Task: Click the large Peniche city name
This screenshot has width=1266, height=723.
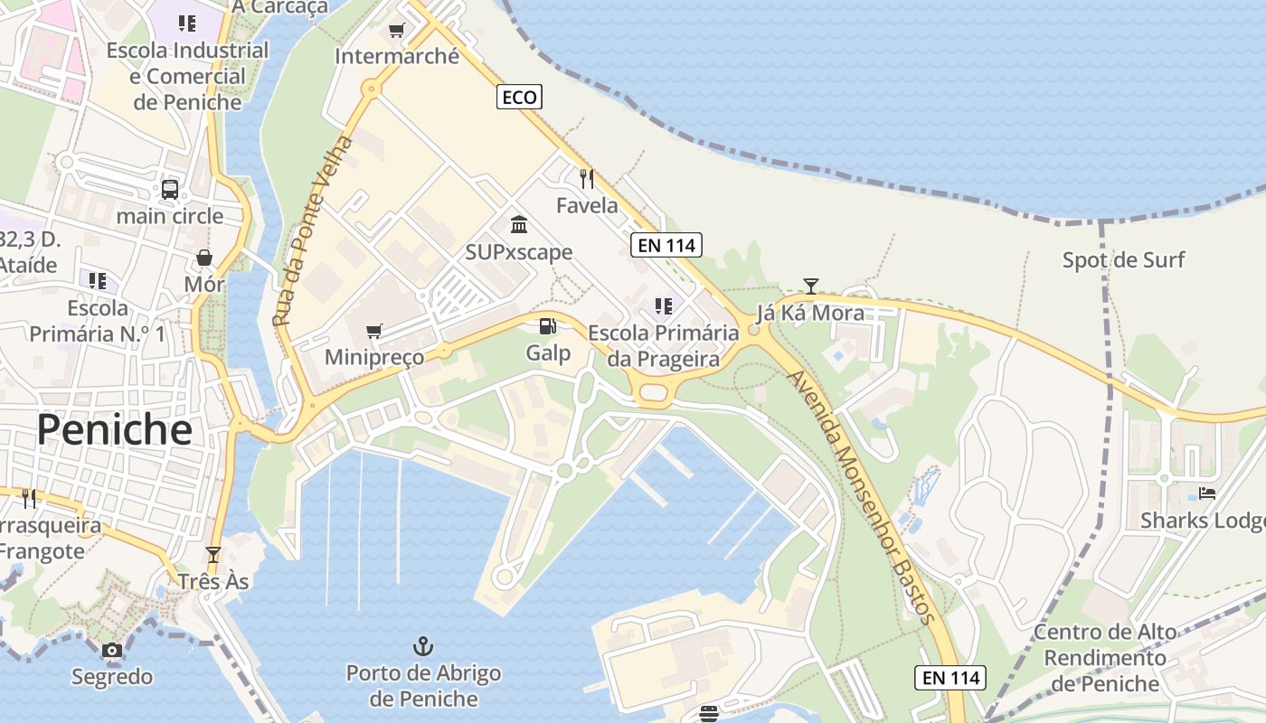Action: pyautogui.click(x=115, y=430)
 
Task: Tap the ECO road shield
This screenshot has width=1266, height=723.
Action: pyautogui.click(x=519, y=97)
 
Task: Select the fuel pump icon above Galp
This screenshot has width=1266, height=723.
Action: pyautogui.click(x=547, y=326)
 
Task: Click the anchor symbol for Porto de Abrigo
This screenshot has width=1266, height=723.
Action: pyautogui.click(x=422, y=645)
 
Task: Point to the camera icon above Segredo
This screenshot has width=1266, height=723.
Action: pyautogui.click(x=112, y=650)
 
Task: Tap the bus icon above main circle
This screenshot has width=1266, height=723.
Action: pyautogui.click(x=170, y=189)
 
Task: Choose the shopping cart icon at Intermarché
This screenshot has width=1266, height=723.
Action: pyautogui.click(x=396, y=30)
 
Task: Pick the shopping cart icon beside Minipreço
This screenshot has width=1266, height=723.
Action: pyautogui.click(x=373, y=331)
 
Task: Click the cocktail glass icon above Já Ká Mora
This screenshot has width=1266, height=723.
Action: pyautogui.click(x=811, y=286)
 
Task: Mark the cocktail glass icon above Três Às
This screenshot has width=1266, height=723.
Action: pyautogui.click(x=213, y=554)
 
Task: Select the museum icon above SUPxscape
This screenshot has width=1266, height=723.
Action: pyautogui.click(x=519, y=224)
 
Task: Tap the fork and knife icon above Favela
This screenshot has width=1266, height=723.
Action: pyautogui.click(x=587, y=178)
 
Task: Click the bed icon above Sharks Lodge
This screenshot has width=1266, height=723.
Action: pyautogui.click(x=1207, y=493)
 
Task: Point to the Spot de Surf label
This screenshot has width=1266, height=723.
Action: pyautogui.click(x=1123, y=260)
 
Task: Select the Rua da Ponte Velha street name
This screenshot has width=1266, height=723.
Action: pyautogui.click(x=313, y=231)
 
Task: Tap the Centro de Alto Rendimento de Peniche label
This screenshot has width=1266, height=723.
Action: pyautogui.click(x=1105, y=657)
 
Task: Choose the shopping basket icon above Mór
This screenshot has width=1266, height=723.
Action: pyautogui.click(x=204, y=258)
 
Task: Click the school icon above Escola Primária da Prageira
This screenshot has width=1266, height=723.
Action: pyautogui.click(x=664, y=306)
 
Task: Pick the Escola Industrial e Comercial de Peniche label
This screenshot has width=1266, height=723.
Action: pyautogui.click(x=187, y=76)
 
